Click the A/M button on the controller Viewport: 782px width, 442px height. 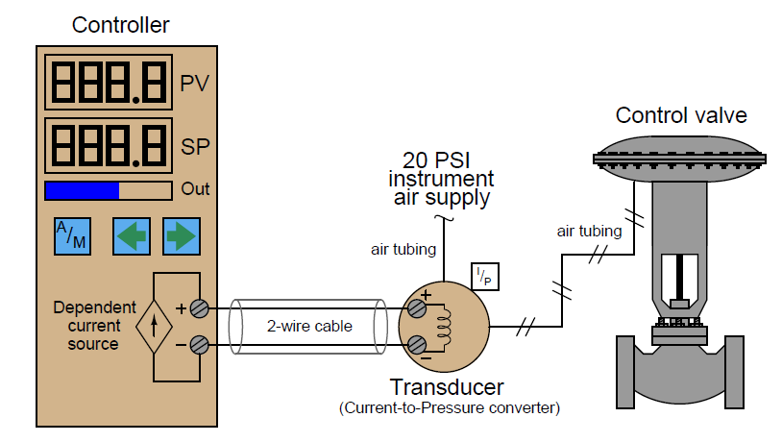click(x=71, y=235)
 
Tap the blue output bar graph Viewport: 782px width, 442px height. click(x=82, y=189)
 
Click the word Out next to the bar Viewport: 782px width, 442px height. click(x=195, y=189)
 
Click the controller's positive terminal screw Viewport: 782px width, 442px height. click(x=198, y=308)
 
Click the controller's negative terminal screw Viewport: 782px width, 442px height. click(x=198, y=343)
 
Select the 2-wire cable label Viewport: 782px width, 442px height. click(x=309, y=326)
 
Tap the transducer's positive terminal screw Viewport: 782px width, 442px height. click(x=417, y=308)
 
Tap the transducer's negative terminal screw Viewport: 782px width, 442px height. click(x=417, y=343)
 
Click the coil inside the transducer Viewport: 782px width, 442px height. click(x=445, y=326)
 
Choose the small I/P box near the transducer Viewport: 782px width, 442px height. click(x=484, y=277)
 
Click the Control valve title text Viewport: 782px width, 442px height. click(x=681, y=116)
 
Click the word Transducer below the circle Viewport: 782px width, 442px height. click(x=447, y=387)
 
